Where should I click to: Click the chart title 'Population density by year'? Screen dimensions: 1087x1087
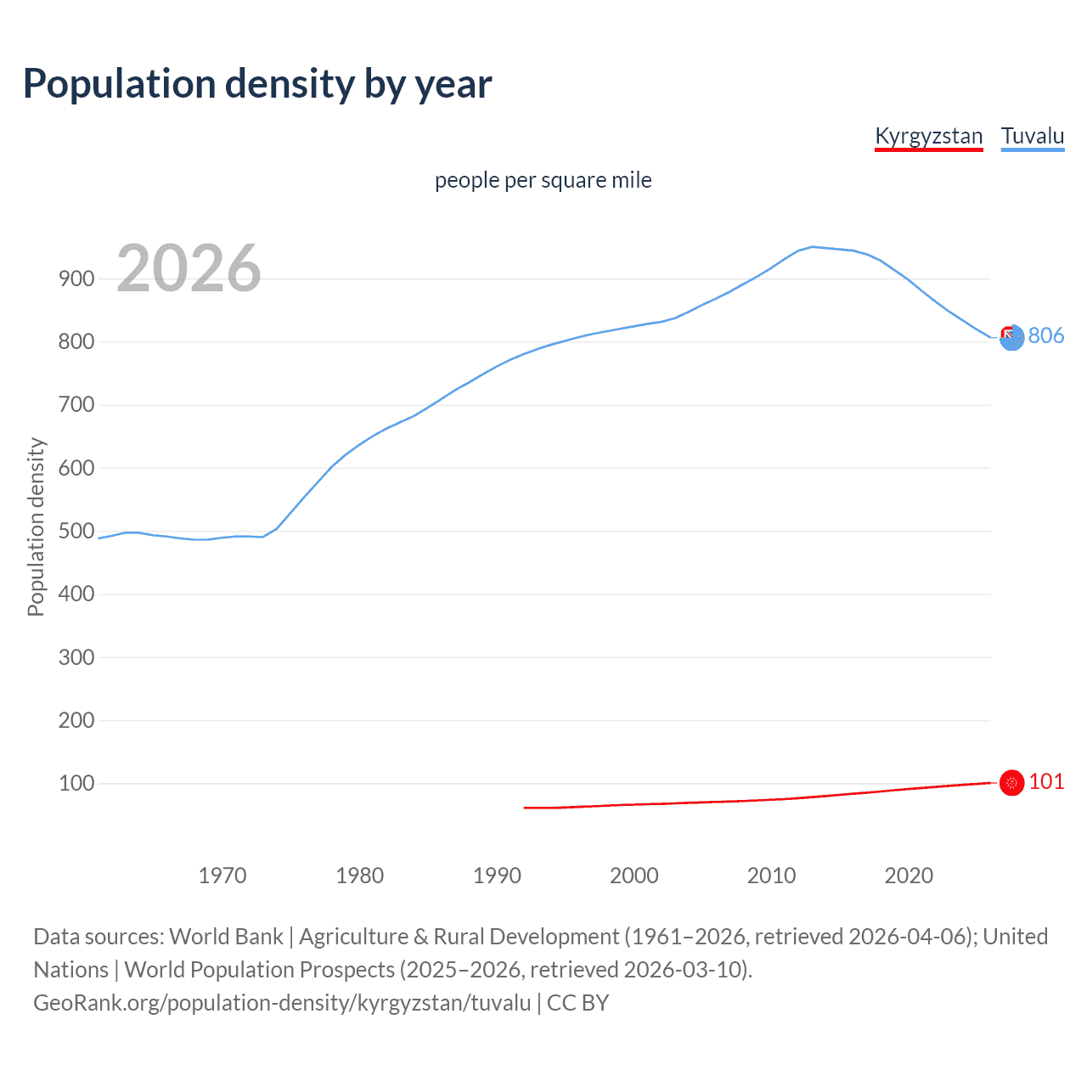point(257,83)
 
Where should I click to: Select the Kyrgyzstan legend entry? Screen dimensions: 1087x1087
point(928,136)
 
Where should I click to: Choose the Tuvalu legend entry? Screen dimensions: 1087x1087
point(1032,136)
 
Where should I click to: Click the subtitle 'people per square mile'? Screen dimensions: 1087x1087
point(543,180)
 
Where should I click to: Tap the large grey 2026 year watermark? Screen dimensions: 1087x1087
point(189,268)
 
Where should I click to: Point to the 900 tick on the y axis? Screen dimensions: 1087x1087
point(76,279)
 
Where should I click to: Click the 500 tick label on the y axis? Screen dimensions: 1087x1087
point(76,531)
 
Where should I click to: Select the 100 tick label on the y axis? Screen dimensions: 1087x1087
point(76,783)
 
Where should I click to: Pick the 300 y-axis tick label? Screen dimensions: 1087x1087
point(76,657)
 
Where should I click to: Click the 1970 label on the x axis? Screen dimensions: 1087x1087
point(222,876)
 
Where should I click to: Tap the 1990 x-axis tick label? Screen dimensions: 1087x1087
point(497,876)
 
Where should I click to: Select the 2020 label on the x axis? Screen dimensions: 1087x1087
point(909,876)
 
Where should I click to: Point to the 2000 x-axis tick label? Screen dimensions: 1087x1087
point(634,876)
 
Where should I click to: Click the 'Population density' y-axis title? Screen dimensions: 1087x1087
point(36,527)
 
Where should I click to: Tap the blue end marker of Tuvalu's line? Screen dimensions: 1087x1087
point(1011,338)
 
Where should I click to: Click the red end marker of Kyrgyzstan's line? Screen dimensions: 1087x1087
point(1011,782)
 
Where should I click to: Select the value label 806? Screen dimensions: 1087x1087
point(1046,335)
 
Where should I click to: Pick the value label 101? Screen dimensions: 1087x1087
point(1046,781)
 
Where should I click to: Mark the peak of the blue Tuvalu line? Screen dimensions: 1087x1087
point(813,247)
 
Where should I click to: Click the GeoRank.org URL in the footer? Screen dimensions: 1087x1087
point(282,1002)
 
